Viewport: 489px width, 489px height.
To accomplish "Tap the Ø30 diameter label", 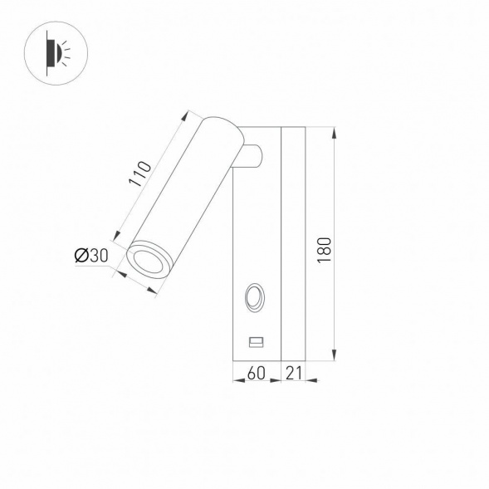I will pyautogui.click(x=91, y=257).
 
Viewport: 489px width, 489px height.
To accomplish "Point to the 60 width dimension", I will pyautogui.click(x=257, y=374).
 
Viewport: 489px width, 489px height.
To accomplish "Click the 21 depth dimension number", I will pyautogui.click(x=294, y=374).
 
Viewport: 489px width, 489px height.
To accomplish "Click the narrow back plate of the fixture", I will pyautogui.click(x=294, y=244).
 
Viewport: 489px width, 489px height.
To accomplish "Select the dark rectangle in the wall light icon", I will pyautogui.click(x=50, y=54).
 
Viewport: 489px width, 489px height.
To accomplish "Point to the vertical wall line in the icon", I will pyautogui.click(x=47, y=54).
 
